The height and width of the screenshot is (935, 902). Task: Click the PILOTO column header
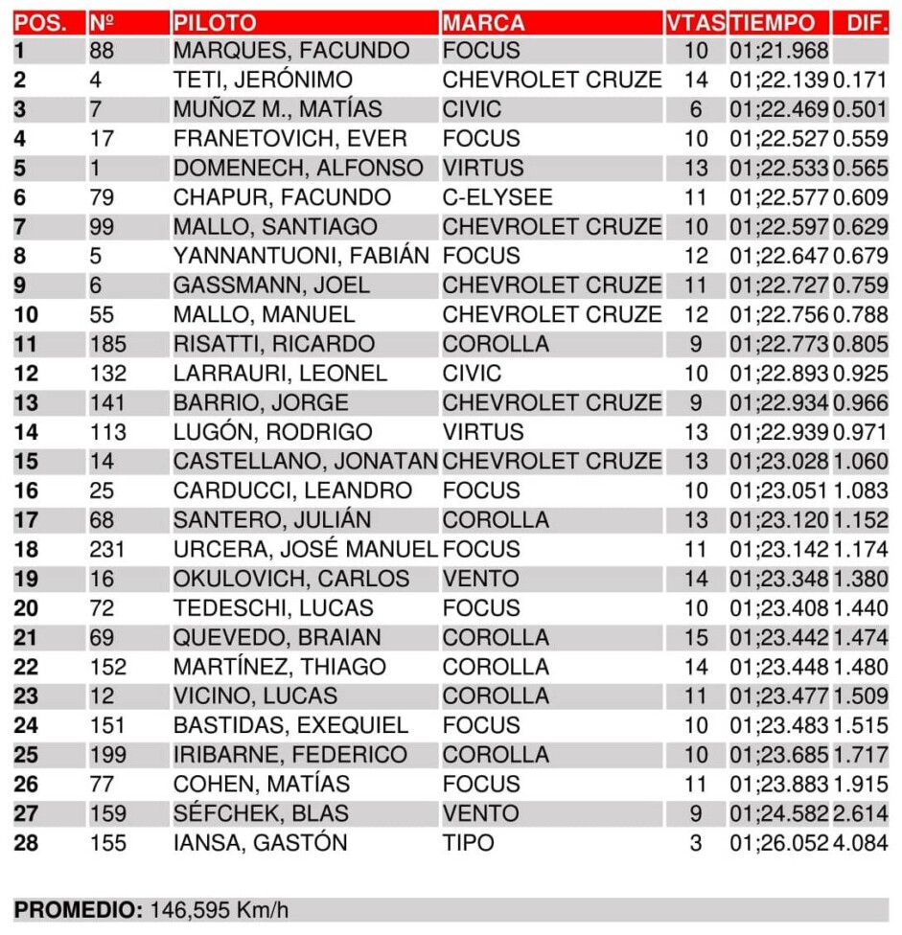tap(215, 23)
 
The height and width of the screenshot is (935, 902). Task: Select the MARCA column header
tap(483, 23)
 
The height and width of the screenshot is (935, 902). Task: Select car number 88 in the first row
tap(102, 51)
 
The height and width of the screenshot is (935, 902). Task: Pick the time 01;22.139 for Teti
tap(778, 80)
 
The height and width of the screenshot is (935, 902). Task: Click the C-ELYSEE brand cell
tap(497, 197)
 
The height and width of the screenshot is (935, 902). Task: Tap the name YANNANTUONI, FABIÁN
tap(301, 256)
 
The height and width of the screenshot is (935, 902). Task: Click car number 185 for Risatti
tap(107, 344)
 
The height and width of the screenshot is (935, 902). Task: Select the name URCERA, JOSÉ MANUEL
tap(305, 549)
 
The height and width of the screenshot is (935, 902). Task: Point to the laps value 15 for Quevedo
tap(696, 637)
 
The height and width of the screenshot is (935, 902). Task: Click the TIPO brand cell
tap(469, 843)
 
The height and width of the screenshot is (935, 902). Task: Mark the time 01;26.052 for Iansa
tap(778, 843)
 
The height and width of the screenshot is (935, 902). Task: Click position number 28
tap(28, 843)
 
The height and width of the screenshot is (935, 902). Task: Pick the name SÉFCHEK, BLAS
tap(261, 813)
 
